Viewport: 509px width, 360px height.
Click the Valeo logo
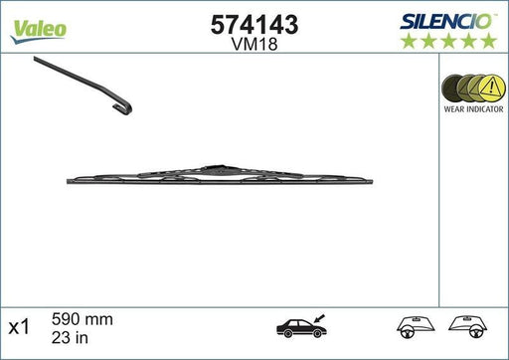tap(39, 28)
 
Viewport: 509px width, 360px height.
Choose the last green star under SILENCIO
tap(489, 40)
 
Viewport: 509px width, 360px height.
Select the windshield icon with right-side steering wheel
tap(476, 326)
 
